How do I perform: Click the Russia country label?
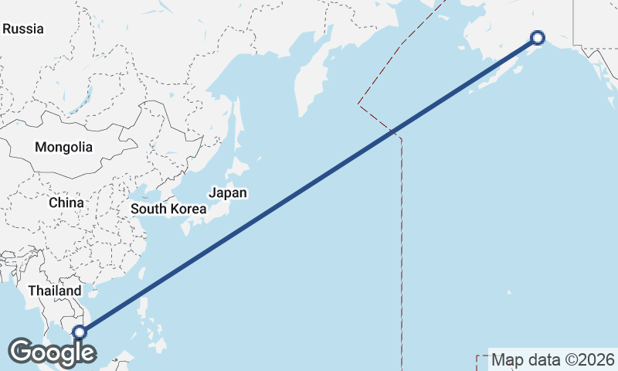coord(23,29)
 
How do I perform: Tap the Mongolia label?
coord(63,147)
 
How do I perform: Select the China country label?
coord(66,203)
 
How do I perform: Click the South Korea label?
coord(168,209)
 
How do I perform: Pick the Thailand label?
coord(54,291)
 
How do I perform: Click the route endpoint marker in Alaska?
coord(538,37)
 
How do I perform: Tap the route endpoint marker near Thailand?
coord(79,332)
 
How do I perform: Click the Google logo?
coord(51,352)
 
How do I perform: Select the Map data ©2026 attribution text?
coord(553,359)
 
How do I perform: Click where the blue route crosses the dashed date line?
coord(392,132)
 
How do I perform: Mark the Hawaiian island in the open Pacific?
coord(509,292)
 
